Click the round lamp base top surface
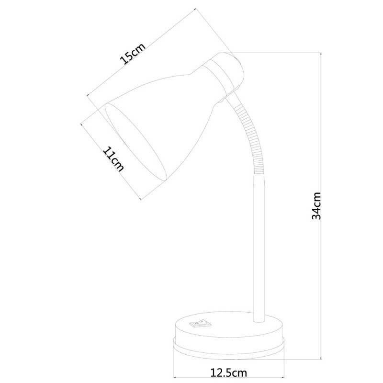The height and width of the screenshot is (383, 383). coord(230,330)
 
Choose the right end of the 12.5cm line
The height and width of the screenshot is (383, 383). coord(286,362)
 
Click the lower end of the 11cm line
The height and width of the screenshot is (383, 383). coord(140,198)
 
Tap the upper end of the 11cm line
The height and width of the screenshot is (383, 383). coord(82,123)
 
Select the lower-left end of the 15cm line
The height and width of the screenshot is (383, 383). coord(87,96)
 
